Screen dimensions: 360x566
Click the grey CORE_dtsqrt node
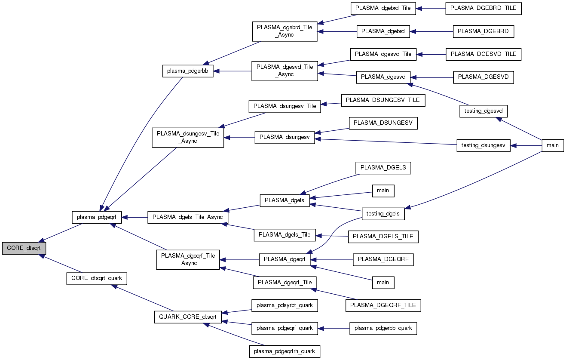pyautogui.click(x=24, y=248)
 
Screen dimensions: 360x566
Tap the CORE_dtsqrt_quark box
pyautogui.click(x=97, y=278)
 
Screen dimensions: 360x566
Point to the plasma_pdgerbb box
pyautogui.click(x=188, y=71)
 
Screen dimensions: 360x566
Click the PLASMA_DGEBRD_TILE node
pyautogui.click(x=483, y=9)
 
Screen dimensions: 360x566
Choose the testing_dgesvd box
pyautogui.click(x=483, y=111)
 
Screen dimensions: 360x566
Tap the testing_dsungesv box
pyautogui.click(x=483, y=145)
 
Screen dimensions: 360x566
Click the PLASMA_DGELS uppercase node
pyautogui.click(x=383, y=168)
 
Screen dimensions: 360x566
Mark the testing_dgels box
pyautogui.click(x=383, y=213)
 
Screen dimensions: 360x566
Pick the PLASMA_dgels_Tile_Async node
pyautogui.click(x=188, y=217)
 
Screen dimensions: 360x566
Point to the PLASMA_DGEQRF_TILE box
pyautogui.click(x=383, y=305)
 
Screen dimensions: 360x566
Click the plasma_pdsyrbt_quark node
pyautogui.click(x=285, y=305)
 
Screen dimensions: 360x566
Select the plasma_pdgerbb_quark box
pyautogui.click(x=383, y=328)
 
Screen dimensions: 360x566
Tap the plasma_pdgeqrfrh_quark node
pyautogui.click(x=285, y=351)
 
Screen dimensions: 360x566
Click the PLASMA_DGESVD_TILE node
pyautogui.click(x=483, y=54)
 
